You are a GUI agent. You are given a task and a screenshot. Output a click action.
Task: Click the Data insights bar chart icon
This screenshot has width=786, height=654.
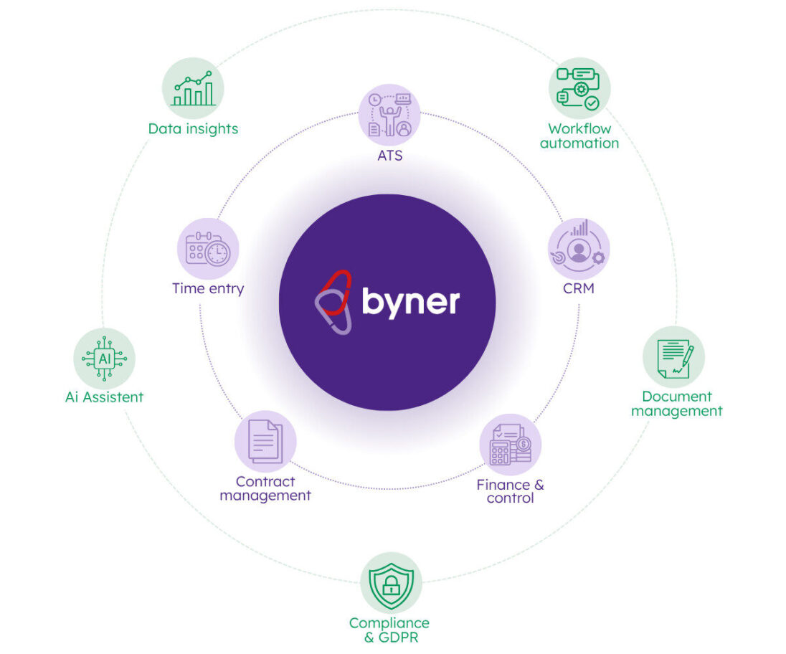(193, 89)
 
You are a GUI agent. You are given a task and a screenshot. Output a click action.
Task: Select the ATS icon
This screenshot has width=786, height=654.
(389, 115)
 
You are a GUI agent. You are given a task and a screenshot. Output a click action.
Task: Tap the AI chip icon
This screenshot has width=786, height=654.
(105, 358)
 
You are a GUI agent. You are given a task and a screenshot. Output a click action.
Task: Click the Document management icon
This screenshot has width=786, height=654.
(673, 357)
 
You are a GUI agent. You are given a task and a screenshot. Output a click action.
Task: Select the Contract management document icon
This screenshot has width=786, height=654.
(265, 441)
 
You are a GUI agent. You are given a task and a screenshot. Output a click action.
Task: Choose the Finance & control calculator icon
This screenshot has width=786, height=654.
(510, 445)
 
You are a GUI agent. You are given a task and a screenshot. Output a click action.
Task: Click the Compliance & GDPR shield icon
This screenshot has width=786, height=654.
(391, 582)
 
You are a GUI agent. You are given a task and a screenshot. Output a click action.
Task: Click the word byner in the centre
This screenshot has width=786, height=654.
(410, 302)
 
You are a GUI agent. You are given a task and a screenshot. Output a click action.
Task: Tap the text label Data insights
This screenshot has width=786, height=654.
(193, 129)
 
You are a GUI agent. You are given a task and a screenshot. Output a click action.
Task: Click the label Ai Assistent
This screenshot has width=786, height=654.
(105, 397)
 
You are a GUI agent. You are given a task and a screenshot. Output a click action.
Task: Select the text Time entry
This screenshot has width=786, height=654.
(208, 289)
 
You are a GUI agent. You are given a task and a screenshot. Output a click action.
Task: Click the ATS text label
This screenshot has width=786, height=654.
(389, 155)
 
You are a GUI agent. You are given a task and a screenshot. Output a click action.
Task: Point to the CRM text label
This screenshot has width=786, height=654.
(579, 290)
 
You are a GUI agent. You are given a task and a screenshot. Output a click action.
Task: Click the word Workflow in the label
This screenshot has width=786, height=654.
(579, 129)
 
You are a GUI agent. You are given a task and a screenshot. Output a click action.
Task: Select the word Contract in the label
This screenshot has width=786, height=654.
(265, 482)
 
